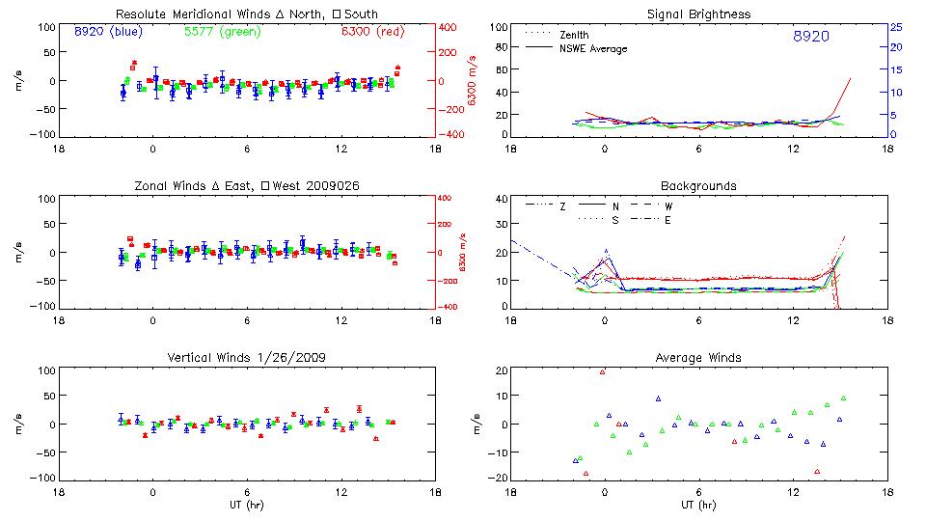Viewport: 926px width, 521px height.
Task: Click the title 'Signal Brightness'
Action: click(698, 14)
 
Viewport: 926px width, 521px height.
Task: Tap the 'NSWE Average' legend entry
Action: click(593, 48)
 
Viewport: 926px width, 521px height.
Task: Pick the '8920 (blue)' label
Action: click(108, 31)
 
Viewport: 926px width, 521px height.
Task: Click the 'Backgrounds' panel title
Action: click(698, 185)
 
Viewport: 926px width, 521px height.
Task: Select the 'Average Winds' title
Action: click(698, 358)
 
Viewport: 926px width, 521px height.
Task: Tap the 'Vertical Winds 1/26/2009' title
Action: click(247, 358)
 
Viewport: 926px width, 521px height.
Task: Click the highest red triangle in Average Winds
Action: click(603, 371)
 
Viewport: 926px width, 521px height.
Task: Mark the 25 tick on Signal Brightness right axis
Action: click(895, 27)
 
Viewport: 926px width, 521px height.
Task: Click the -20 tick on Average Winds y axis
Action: click(498, 478)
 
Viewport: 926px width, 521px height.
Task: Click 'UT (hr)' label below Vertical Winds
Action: click(247, 505)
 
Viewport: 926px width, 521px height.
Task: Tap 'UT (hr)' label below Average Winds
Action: click(698, 505)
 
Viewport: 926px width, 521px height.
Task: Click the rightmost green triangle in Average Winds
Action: click(843, 398)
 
